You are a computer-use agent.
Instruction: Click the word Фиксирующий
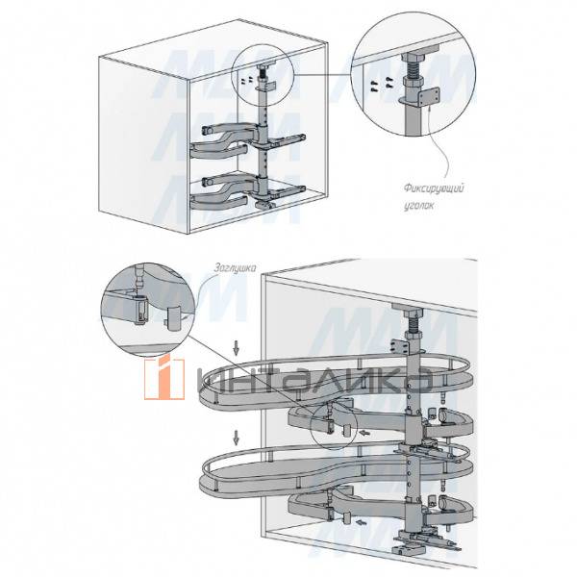435,189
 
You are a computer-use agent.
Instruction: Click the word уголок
418,206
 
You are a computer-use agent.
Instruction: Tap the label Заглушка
236,268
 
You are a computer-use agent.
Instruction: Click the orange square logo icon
164,379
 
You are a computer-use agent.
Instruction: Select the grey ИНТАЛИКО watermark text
315,380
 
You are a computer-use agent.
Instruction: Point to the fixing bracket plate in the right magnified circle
429,96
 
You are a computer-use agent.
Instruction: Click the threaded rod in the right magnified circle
414,69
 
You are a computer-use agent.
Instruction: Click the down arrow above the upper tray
236,348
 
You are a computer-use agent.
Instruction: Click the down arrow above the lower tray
236,438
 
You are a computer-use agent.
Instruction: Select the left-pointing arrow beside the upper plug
364,433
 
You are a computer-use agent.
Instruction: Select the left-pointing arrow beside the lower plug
362,521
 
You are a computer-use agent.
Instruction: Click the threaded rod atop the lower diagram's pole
414,325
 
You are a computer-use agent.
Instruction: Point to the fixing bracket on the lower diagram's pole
400,347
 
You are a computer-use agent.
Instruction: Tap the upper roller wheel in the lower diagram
442,415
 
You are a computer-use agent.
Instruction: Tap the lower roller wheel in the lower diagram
442,502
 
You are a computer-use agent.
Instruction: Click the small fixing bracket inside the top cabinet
269,88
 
